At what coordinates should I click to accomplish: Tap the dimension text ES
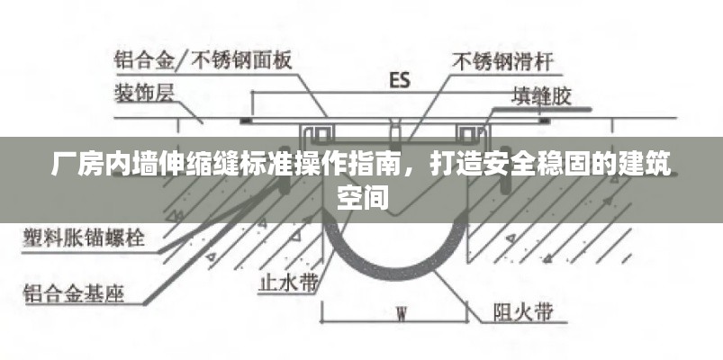pyautogui.click(x=399, y=80)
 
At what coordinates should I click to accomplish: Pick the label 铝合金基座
pyautogui.click(x=73, y=293)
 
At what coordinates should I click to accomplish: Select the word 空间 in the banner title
pyautogui.click(x=362, y=197)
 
